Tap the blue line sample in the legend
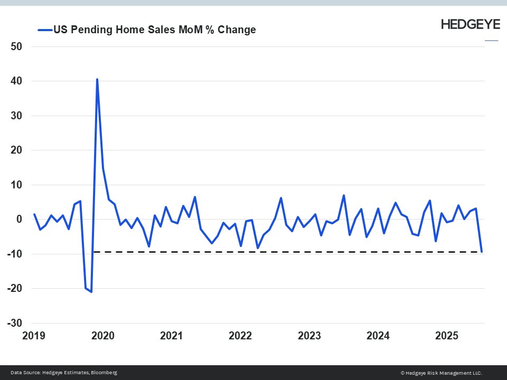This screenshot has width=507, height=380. (x=44, y=30)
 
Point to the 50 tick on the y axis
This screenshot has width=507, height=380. (x=16, y=46)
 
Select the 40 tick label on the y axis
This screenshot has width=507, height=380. (x=16, y=81)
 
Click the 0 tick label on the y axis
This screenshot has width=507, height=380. (x=18, y=220)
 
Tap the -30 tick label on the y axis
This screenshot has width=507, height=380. (x=14, y=323)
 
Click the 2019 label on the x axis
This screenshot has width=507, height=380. (x=34, y=336)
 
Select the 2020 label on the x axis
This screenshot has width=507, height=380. (x=103, y=336)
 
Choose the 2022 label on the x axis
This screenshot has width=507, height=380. (x=241, y=336)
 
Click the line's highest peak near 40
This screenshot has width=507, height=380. (x=97, y=80)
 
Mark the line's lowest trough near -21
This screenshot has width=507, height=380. (x=91, y=291)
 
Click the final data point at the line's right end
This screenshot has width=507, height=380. (x=482, y=252)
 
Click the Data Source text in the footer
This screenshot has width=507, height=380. (x=63, y=373)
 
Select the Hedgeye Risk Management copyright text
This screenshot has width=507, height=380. (x=441, y=373)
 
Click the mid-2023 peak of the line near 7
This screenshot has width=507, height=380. (x=344, y=196)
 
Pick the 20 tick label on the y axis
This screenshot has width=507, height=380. (x=16, y=150)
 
